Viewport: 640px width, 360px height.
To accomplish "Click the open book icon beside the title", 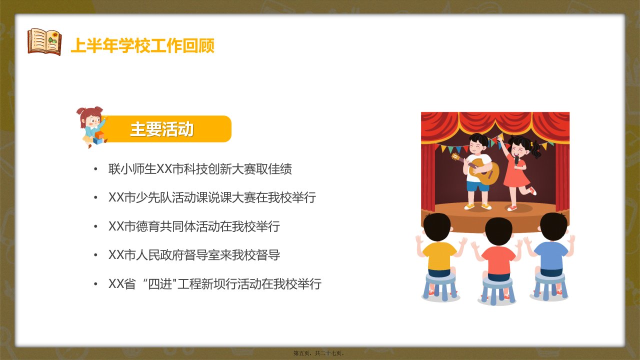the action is click(44, 41).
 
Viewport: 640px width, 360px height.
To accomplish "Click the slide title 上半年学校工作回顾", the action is click(142, 45).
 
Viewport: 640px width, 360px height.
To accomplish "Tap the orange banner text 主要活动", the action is click(162, 129).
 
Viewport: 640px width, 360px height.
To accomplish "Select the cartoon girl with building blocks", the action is click(92, 127).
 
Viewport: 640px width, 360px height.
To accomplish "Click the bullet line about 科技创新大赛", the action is click(200, 169).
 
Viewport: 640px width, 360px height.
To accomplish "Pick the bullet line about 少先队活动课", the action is click(212, 197).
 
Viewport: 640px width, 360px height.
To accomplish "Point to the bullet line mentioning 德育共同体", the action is click(194, 226).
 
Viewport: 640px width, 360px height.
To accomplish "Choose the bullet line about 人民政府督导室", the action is click(194, 255).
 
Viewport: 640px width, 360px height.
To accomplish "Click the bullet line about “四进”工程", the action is click(215, 283).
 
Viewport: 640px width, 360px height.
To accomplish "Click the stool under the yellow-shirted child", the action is click(440, 286).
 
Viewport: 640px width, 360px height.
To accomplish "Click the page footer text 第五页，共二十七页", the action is click(319, 353).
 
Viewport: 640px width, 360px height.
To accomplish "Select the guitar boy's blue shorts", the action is click(477, 186).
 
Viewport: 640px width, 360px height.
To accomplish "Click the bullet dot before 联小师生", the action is click(95, 169).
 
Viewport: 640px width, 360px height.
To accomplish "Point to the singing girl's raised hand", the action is click(500, 139).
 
